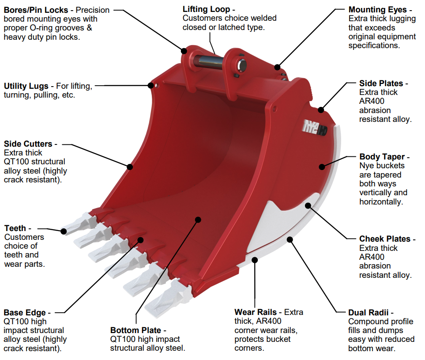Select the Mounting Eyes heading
tap(378, 10)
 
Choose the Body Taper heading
tap(382, 156)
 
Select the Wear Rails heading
tap(255, 312)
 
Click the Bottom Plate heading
tap(136, 330)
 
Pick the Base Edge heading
tap(25, 312)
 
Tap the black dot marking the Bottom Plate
tap(198, 219)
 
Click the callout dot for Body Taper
tap(322, 167)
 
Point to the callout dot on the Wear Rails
tap(255, 260)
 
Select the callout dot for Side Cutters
tap(130, 167)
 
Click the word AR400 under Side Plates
tap(370, 101)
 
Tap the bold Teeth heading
tap(15, 228)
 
